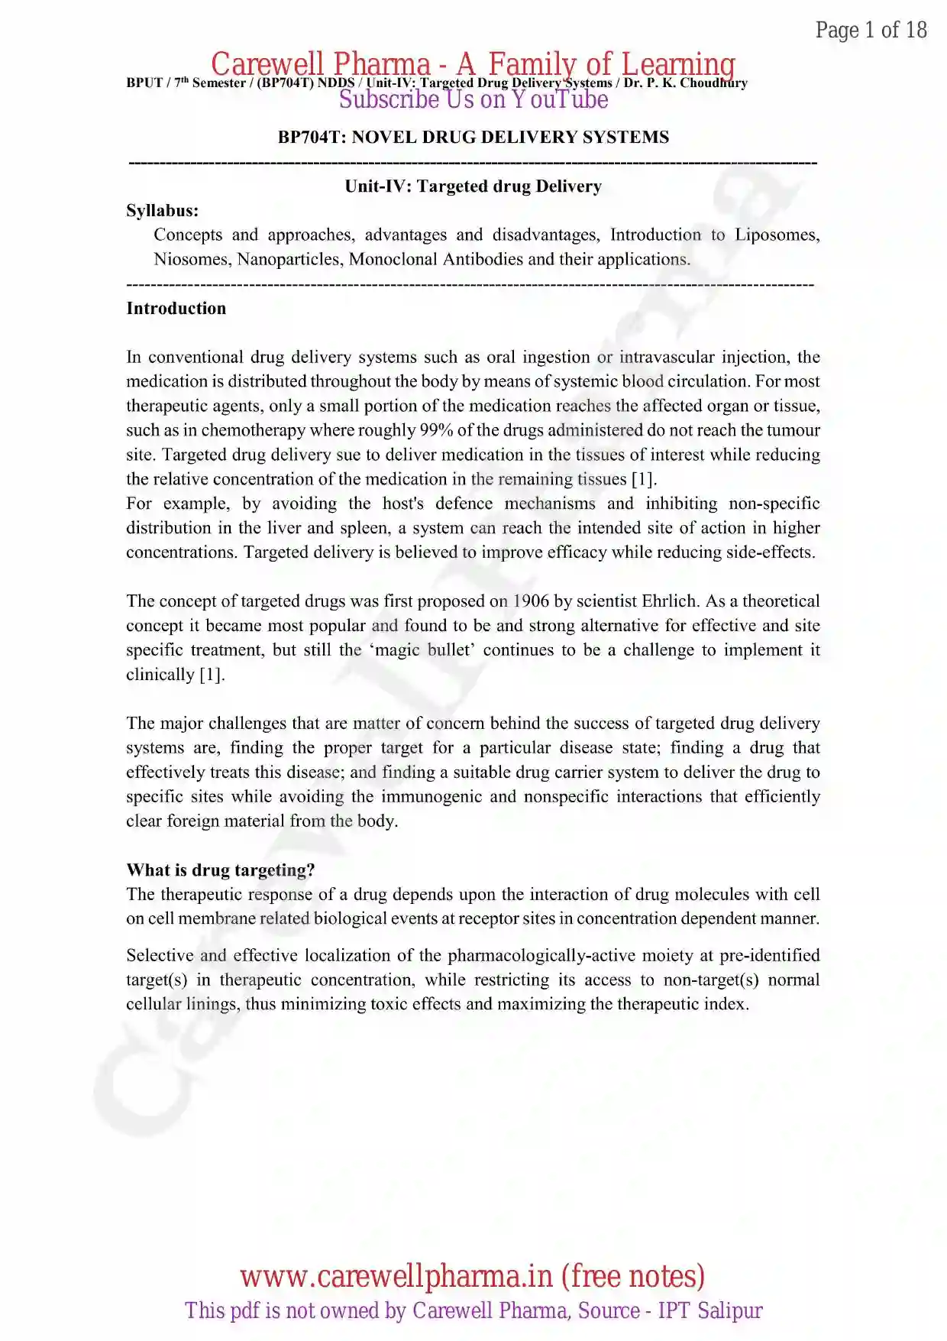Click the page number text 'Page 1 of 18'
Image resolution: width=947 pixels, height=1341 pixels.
tap(871, 30)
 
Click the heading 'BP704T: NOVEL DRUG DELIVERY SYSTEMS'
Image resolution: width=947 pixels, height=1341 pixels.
tap(473, 137)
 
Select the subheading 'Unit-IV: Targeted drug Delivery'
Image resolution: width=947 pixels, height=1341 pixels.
tap(473, 186)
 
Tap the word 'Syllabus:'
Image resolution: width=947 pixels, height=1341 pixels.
tap(162, 210)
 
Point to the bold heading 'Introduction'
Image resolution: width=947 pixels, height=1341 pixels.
tap(176, 308)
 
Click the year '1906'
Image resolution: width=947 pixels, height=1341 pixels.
tap(531, 601)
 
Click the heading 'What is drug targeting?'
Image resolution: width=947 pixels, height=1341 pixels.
tap(220, 870)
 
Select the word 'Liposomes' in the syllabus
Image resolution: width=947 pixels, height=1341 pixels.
tap(777, 235)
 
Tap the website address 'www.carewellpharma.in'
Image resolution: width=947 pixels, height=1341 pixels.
tap(396, 1276)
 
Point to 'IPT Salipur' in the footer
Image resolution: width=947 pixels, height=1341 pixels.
tap(710, 1310)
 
